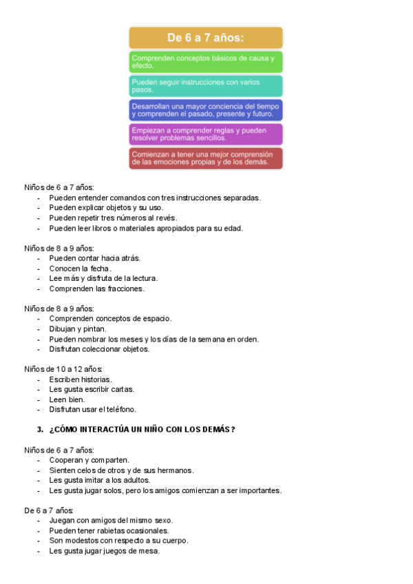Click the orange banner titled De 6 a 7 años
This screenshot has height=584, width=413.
[206, 38]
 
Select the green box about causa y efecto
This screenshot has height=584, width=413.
[206, 62]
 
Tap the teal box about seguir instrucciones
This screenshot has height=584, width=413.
[206, 86]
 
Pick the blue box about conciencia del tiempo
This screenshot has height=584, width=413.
[206, 110]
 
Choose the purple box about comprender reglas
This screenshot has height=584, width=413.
[206, 134]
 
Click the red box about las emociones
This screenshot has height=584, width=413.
[206, 158]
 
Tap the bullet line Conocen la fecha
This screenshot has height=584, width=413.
[80, 269]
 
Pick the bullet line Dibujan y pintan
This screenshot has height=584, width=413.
[78, 329]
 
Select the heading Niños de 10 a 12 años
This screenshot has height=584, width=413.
[63, 370]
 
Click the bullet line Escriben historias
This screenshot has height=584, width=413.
[81, 379]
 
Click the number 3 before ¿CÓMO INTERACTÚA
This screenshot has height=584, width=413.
[40, 430]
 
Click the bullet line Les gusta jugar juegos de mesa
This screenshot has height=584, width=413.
[104, 551]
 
